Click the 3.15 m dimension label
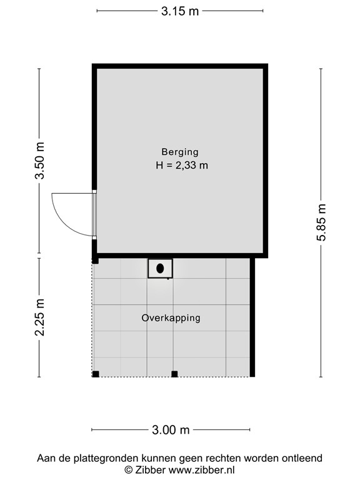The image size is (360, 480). pos(180,11)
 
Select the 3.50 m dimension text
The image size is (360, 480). pos(39,161)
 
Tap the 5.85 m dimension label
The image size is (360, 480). pos(321,222)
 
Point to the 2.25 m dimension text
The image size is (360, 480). pos(39,317)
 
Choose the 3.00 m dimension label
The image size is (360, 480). pos(171,430)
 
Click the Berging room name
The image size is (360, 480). pos(180,151)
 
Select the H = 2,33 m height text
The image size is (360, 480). pos(182,166)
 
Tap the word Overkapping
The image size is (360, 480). pos(171,317)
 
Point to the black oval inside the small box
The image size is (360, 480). pos(161,268)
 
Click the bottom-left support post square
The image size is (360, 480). pos(96,374)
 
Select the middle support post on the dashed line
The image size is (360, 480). pos(174,374)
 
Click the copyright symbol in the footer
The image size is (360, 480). pos(128,469)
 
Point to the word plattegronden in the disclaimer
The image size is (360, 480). pos(106,458)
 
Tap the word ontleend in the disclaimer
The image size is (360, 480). pos(302,458)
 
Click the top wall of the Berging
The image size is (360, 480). pos(180,66)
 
